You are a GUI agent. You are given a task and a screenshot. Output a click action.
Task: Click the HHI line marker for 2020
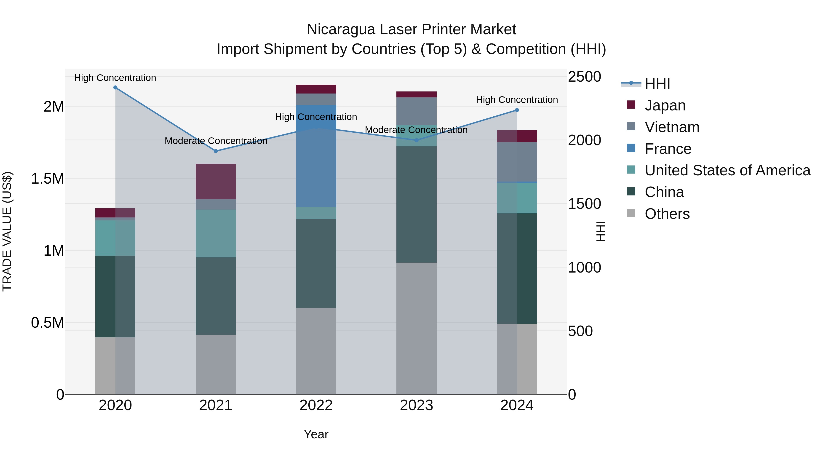click(x=115, y=88)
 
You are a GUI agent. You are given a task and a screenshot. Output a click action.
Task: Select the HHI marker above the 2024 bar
click(x=517, y=110)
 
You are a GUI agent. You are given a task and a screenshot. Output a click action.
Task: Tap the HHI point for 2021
click(x=216, y=151)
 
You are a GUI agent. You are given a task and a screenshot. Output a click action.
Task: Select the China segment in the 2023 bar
click(x=416, y=204)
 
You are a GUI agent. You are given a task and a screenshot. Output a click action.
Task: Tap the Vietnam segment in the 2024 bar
click(x=517, y=162)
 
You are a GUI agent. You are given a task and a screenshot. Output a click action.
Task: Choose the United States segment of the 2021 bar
click(x=216, y=233)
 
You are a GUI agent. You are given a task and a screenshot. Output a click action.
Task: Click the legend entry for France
click(x=668, y=149)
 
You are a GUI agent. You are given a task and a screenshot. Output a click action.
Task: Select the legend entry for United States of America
click(x=727, y=171)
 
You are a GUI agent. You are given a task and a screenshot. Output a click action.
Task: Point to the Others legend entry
click(x=667, y=214)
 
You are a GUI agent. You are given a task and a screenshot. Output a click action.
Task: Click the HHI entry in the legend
click(x=657, y=84)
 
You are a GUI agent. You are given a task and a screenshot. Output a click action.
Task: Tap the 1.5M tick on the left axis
click(x=48, y=179)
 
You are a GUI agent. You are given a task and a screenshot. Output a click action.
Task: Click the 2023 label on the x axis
click(x=416, y=405)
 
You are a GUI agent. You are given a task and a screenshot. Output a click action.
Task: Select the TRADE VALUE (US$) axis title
click(x=7, y=231)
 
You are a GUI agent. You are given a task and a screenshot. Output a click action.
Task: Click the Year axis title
click(x=316, y=434)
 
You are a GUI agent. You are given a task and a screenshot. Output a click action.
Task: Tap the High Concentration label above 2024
click(x=517, y=100)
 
